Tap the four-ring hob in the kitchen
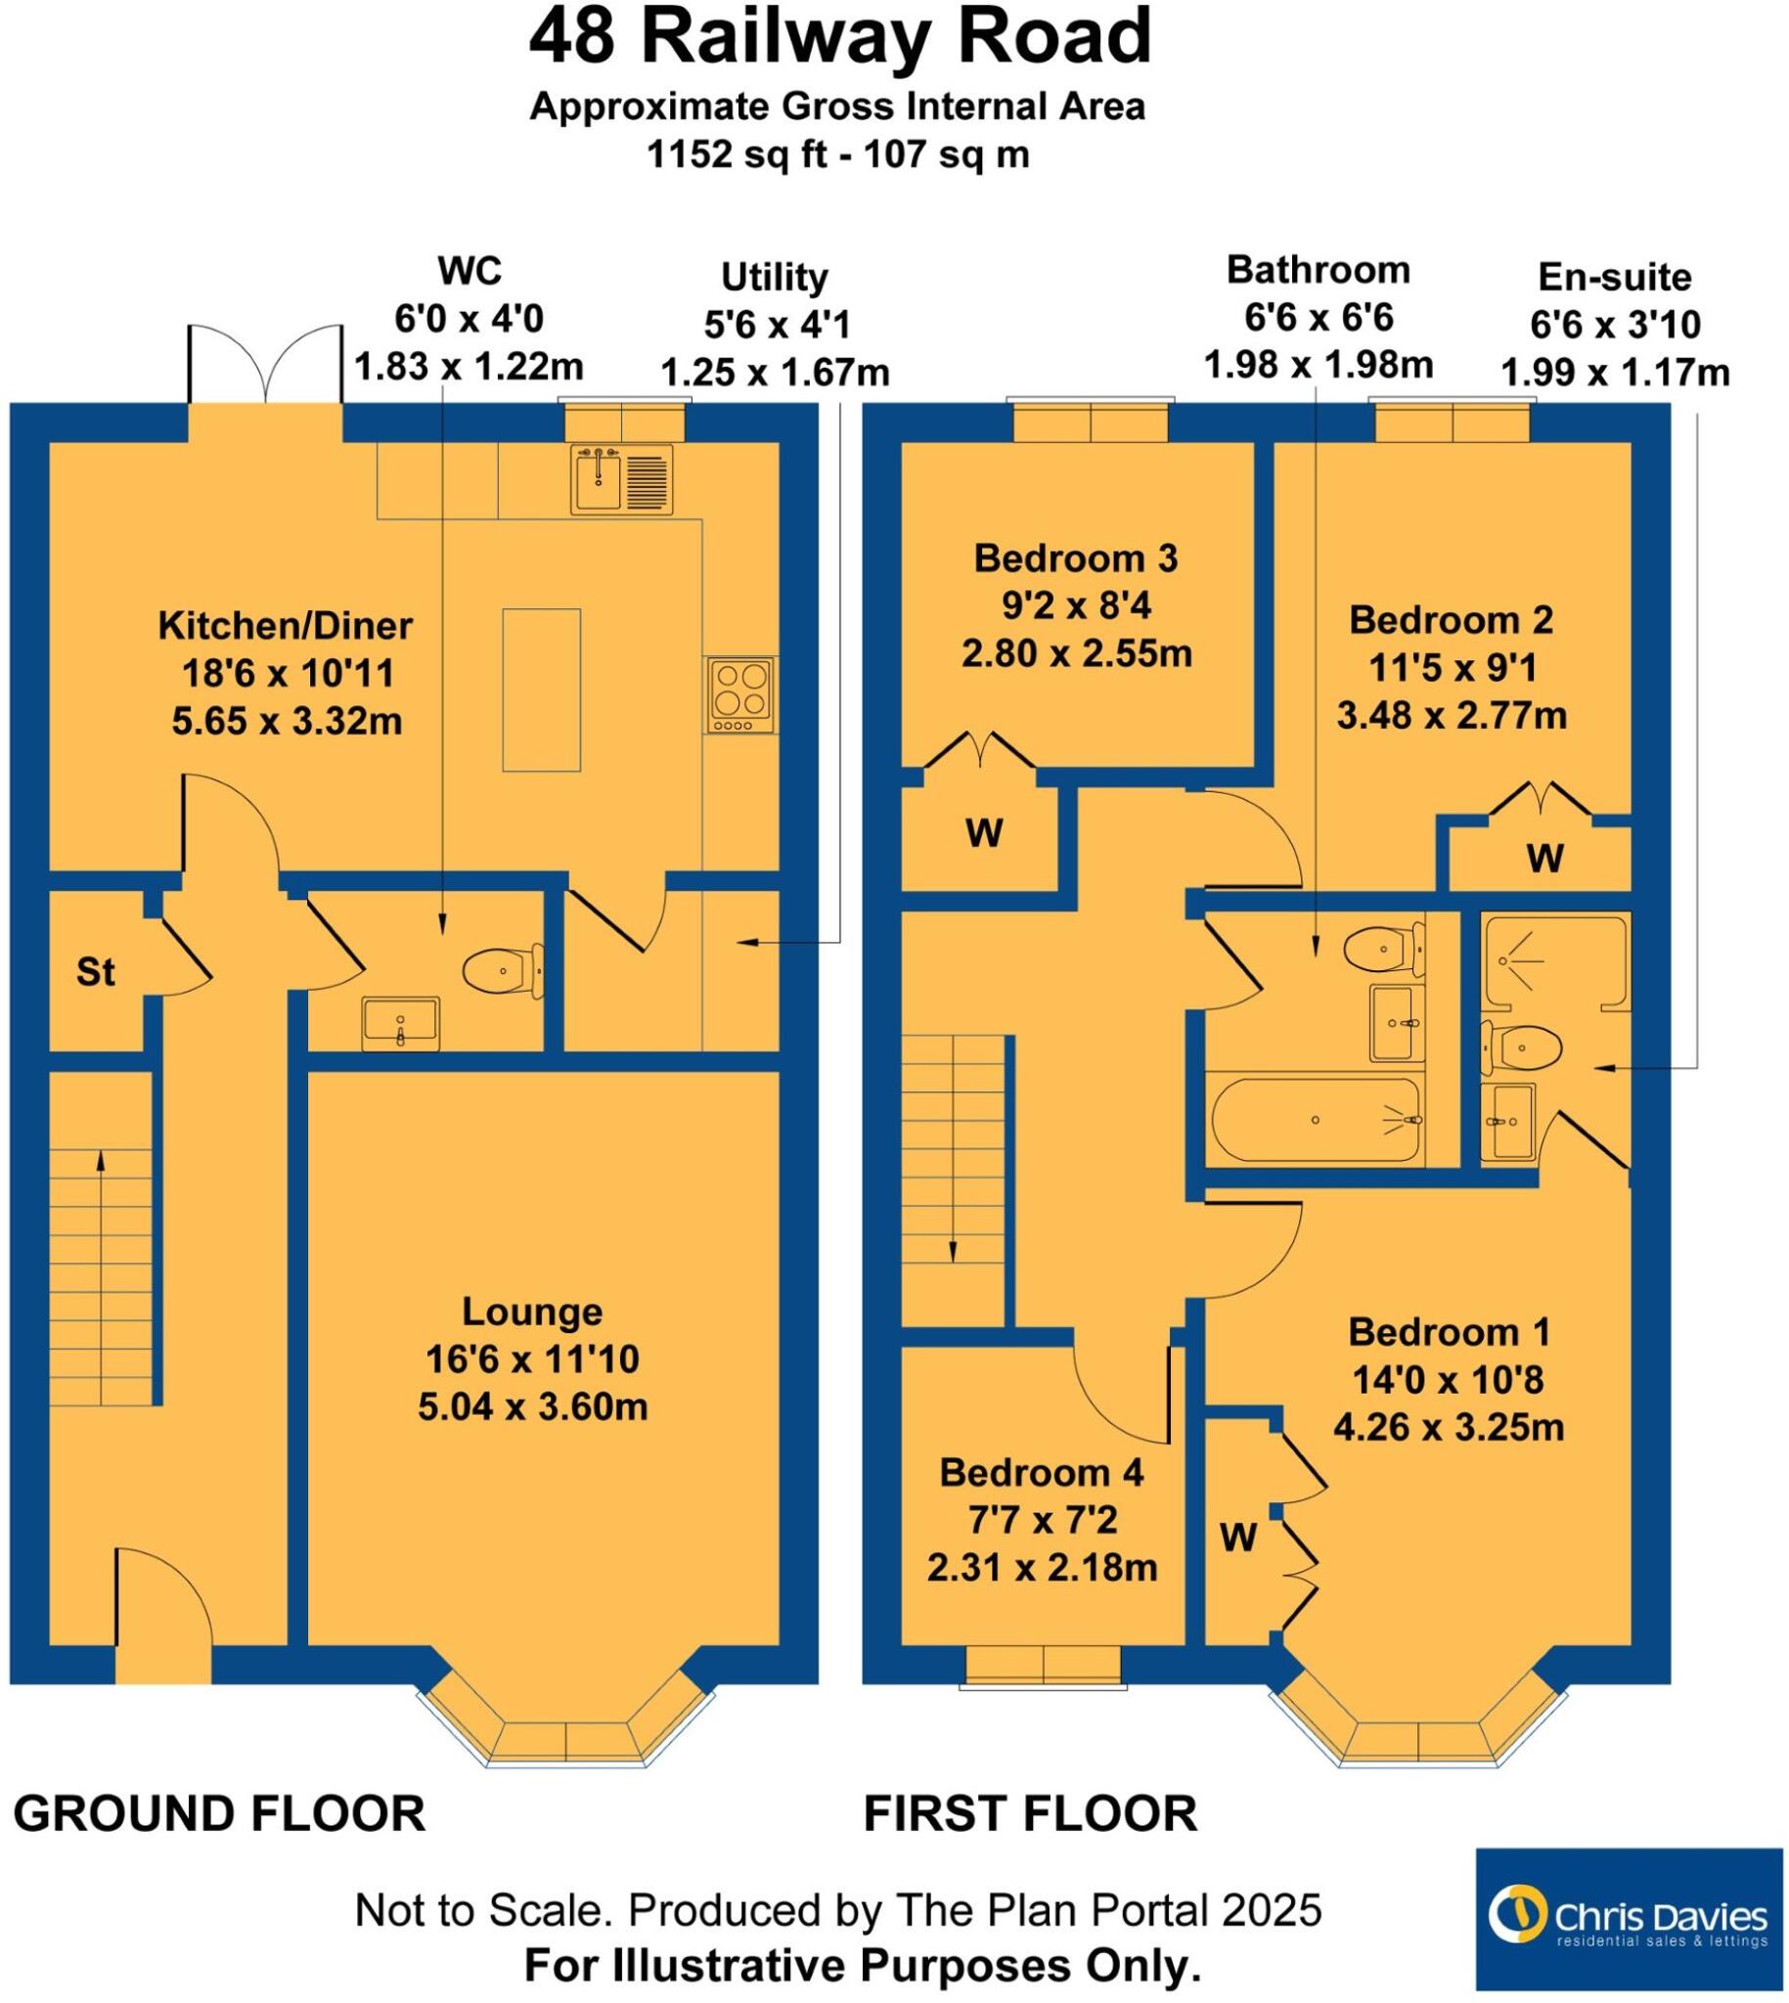pyautogui.click(x=740, y=694)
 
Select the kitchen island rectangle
pyautogui.click(x=542, y=690)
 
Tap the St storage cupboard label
pyautogui.click(x=95, y=973)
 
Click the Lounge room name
pyautogui.click(x=532, y=1313)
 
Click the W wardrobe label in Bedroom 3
pyautogui.click(x=984, y=833)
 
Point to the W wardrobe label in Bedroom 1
pyautogui.click(x=1238, y=1537)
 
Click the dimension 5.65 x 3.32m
pyautogui.click(x=287, y=722)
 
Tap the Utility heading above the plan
pyautogui.click(x=775, y=278)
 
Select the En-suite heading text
pyautogui.click(x=1614, y=278)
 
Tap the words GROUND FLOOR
pyautogui.click(x=219, y=1813)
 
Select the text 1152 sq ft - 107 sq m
pyautogui.click(x=837, y=155)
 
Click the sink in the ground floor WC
pyautogui.click(x=400, y=1023)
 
